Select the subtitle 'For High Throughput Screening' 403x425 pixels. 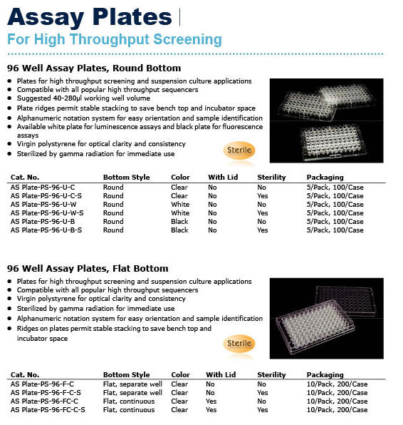coord(114,39)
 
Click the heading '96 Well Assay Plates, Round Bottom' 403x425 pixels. coord(94,68)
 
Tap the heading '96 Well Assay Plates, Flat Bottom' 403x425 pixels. coord(88,268)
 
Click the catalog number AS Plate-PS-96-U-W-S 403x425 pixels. coord(47,213)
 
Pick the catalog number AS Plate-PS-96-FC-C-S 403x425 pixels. coord(48,410)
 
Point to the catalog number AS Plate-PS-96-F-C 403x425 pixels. coord(42,384)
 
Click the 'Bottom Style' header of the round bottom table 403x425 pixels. coord(126,177)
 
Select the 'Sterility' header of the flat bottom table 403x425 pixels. coord(271,374)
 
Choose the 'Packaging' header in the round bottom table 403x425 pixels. coord(325,177)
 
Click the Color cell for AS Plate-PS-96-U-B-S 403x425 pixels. coord(179,230)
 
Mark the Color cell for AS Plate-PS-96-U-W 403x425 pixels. coord(180,205)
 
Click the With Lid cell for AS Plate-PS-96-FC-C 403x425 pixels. coord(211,401)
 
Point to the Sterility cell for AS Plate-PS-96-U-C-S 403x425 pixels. coord(263,196)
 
